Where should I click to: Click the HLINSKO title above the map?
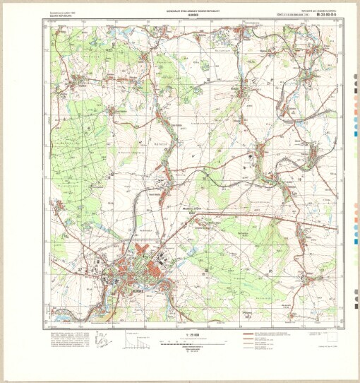click(181, 15)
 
